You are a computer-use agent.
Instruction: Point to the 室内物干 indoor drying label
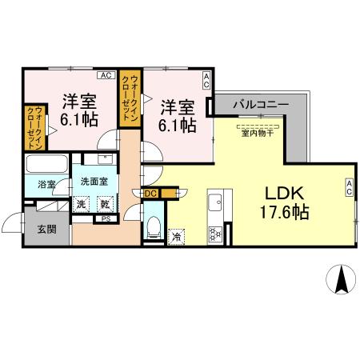[x=258, y=134]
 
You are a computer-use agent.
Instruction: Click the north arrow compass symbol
[x=342, y=281]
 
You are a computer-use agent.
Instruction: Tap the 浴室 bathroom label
[x=46, y=185]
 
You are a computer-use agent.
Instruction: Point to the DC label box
[x=150, y=193]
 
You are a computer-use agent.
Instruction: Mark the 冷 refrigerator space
[x=176, y=236]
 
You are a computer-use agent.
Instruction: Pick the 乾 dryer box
[x=105, y=203]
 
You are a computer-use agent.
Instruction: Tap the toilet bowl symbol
[x=154, y=225]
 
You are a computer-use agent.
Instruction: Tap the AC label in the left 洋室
[x=104, y=76]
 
